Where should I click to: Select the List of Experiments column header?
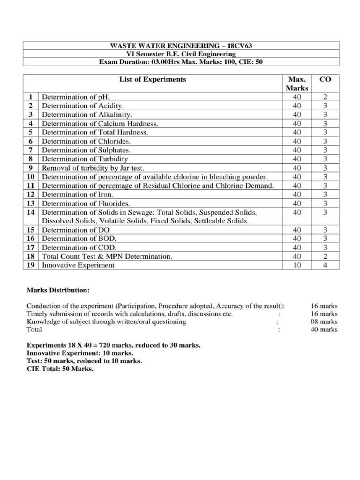coord(152,79)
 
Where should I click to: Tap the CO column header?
coord(325,79)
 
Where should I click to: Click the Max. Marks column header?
coord(297,83)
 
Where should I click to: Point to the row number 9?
coord(30,168)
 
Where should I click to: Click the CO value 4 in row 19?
coord(325,265)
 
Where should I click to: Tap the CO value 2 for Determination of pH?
coord(325,97)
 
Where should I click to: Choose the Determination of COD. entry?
coord(79,247)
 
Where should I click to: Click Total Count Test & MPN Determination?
coord(107,256)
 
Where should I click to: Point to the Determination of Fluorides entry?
coord(86,203)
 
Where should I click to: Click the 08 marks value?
coord(324,322)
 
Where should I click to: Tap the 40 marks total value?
coord(324,330)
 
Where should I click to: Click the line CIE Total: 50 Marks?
coord(60,369)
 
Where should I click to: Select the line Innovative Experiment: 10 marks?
coord(80,353)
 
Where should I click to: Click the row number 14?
coord(30,212)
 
